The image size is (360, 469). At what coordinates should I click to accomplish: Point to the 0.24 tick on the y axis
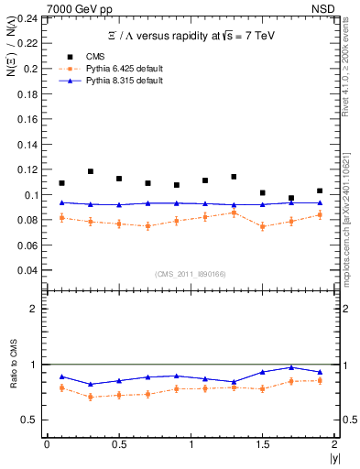(x=29, y=18)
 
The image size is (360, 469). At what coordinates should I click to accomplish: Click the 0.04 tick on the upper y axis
(x=29, y=270)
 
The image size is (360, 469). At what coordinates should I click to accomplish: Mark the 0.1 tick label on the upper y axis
(x=33, y=195)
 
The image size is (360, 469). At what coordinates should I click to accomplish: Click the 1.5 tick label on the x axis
(x=263, y=444)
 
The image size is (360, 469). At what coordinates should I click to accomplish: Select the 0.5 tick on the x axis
(x=118, y=444)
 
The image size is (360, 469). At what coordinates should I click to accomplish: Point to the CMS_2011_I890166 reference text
(x=190, y=274)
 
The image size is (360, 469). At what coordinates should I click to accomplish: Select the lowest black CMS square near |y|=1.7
(x=291, y=198)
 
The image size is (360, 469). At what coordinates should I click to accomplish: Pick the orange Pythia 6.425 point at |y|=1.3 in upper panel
(x=234, y=213)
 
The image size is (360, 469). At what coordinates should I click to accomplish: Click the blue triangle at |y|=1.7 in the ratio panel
(x=291, y=367)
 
